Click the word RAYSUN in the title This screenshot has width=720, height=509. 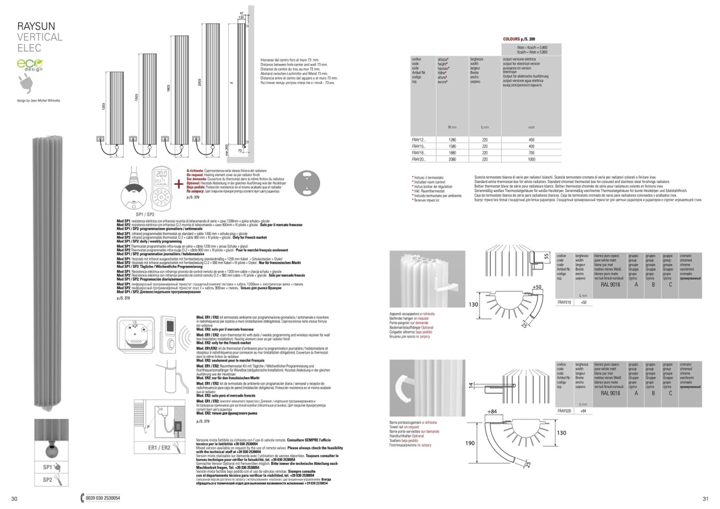point(36,26)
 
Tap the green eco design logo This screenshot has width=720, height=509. point(30,65)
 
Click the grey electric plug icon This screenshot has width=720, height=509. point(25,82)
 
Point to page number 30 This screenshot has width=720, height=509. point(14,498)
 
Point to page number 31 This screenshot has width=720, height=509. point(705,498)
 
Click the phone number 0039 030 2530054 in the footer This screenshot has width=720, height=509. point(103,498)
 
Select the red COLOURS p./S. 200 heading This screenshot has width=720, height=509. point(519,39)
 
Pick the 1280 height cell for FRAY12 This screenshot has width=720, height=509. point(452,140)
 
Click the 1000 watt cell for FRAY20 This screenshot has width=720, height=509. point(532,159)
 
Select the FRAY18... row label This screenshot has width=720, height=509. point(419,153)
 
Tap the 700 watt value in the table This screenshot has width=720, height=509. point(532,153)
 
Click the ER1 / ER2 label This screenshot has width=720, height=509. point(160,447)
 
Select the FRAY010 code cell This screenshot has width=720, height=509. point(564,302)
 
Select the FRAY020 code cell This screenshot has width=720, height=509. point(564,411)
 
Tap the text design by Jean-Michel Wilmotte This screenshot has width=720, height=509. point(39,100)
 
